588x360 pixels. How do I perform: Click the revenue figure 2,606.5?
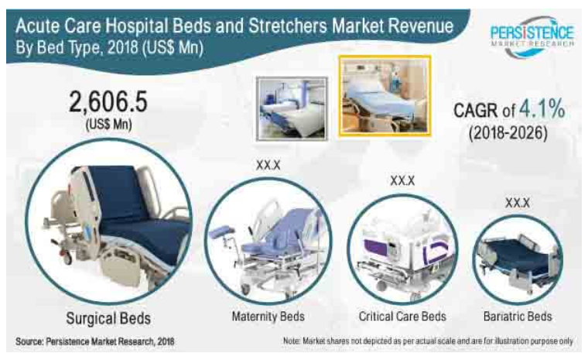tap(108, 101)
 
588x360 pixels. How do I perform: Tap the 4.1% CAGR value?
tap(542, 109)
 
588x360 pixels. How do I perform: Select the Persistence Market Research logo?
tap(532, 37)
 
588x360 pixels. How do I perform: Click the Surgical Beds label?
tap(108, 318)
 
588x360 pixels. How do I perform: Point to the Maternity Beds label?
tap(268, 317)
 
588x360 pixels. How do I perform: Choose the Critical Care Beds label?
tap(402, 317)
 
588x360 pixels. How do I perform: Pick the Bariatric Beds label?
tap(518, 317)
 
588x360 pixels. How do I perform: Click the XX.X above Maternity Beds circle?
tap(268, 165)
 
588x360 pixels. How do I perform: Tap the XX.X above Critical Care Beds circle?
tap(402, 180)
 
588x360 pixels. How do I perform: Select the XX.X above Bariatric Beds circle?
tap(518, 203)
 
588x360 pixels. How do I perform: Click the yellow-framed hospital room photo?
tap(385, 96)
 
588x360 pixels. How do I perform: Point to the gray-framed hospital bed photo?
tap(292, 109)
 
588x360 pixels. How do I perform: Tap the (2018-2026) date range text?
tap(508, 133)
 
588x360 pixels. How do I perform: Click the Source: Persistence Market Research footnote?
tap(95, 341)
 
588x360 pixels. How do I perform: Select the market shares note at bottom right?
tap(428, 341)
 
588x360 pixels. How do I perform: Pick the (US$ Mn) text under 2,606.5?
tap(109, 124)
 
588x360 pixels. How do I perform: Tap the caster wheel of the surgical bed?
tap(67, 259)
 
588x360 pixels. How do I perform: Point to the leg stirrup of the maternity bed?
tap(221, 232)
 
